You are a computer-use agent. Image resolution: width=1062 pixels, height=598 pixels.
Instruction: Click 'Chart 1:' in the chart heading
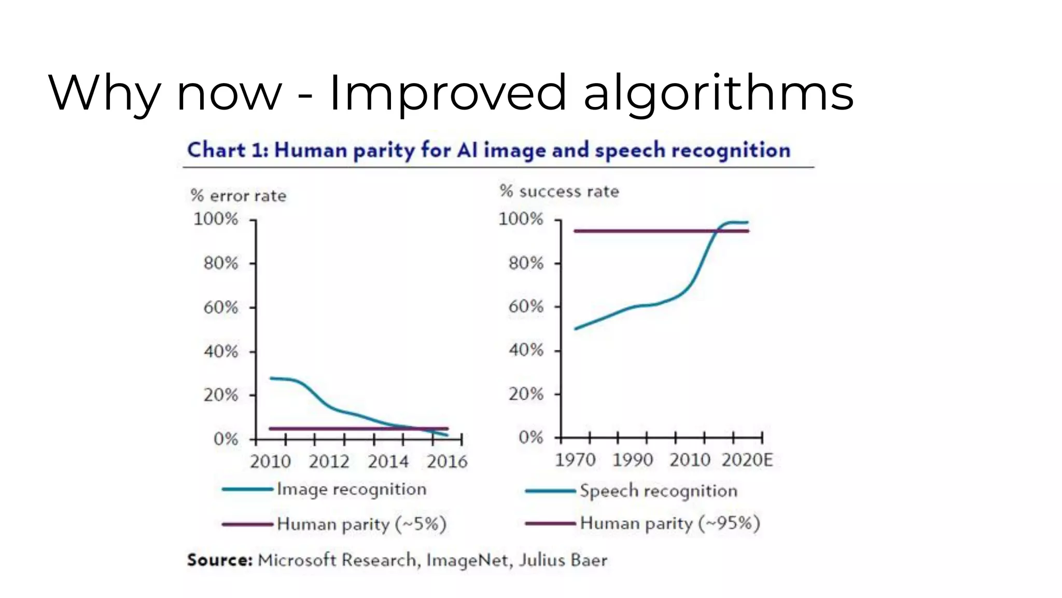228,150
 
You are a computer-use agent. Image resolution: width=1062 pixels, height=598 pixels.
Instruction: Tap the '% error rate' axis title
239,196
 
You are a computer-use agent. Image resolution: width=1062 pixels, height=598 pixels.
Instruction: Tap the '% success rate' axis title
560,192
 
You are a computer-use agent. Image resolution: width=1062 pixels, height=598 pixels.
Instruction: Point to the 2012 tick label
329,461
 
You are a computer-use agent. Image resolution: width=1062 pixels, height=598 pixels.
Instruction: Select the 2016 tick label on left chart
446,461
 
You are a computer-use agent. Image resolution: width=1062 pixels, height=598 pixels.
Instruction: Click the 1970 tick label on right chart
575,459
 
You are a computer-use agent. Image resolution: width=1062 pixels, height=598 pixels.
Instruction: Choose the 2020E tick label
747,459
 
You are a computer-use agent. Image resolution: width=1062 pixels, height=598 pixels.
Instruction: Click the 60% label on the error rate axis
220,307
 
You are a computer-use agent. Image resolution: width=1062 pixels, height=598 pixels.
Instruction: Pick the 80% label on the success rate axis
525,263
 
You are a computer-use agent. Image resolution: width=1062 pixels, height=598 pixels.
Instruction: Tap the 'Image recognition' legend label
352,489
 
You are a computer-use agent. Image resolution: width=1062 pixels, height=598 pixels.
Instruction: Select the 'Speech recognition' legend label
658,491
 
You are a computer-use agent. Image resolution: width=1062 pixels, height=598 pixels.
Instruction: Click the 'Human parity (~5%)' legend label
361,524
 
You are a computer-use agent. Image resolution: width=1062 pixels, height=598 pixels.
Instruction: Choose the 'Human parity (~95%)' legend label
670,523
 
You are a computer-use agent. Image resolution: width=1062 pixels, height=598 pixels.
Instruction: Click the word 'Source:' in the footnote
219,560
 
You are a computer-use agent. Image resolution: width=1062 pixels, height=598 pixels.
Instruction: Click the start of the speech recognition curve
576,329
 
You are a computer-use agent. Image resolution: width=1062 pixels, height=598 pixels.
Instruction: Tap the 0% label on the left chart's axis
226,439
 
